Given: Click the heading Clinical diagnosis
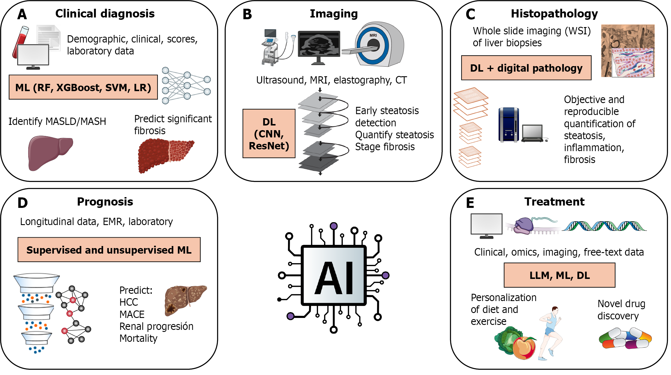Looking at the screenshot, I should (x=105, y=14).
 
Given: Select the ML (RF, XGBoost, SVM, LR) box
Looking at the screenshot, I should (x=83, y=87).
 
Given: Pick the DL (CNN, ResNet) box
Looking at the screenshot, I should (x=269, y=134).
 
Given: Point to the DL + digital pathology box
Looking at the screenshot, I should (x=526, y=68).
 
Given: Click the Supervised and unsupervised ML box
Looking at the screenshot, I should (x=109, y=250).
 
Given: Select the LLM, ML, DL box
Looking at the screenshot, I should (x=559, y=275).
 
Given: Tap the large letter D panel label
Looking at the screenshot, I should (x=22, y=203).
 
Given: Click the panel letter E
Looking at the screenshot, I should (x=470, y=203).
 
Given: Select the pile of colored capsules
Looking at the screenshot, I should (x=625, y=338).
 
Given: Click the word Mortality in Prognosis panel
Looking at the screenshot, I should (x=138, y=338).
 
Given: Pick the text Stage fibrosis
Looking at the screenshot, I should (x=385, y=147).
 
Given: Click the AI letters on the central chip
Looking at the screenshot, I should (x=334, y=278).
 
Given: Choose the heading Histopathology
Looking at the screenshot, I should (x=554, y=14).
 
